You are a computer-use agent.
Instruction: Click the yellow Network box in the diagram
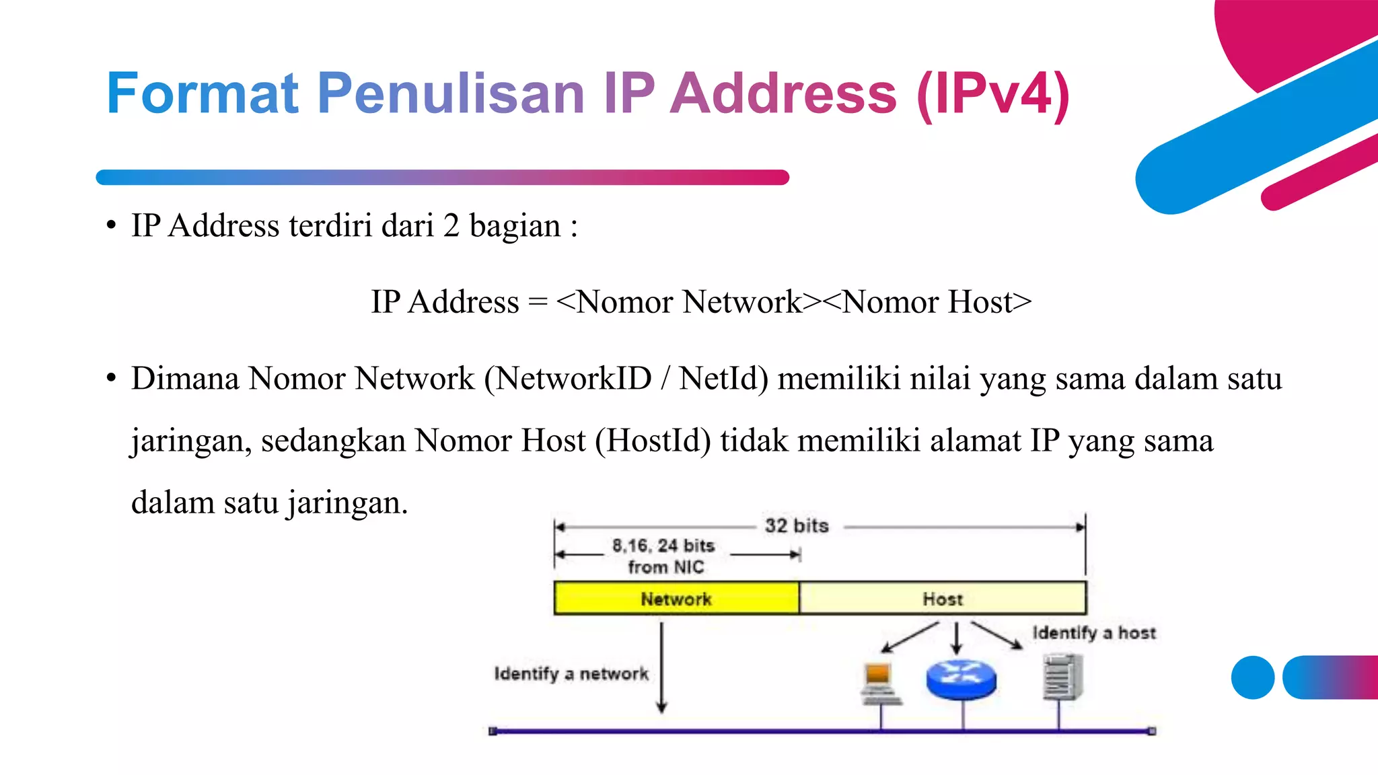[676, 598]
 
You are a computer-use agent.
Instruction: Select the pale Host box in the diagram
[942, 598]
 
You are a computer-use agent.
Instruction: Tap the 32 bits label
[797, 525]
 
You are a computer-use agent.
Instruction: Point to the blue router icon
[961, 679]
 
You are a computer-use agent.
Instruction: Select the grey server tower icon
[1062, 678]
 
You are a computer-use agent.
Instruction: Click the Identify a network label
[571, 673]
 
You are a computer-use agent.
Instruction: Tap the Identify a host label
[1094, 632]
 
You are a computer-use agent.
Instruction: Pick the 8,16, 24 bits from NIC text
[664, 556]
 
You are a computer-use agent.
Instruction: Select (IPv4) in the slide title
[993, 94]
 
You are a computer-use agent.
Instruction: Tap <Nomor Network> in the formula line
[690, 301]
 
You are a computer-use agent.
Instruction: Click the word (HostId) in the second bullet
[653, 441]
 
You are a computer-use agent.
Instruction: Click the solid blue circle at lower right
[1253, 677]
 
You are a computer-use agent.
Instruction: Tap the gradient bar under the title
[442, 178]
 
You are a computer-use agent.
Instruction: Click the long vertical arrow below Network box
[661, 666]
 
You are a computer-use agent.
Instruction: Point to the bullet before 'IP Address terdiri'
[111, 225]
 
